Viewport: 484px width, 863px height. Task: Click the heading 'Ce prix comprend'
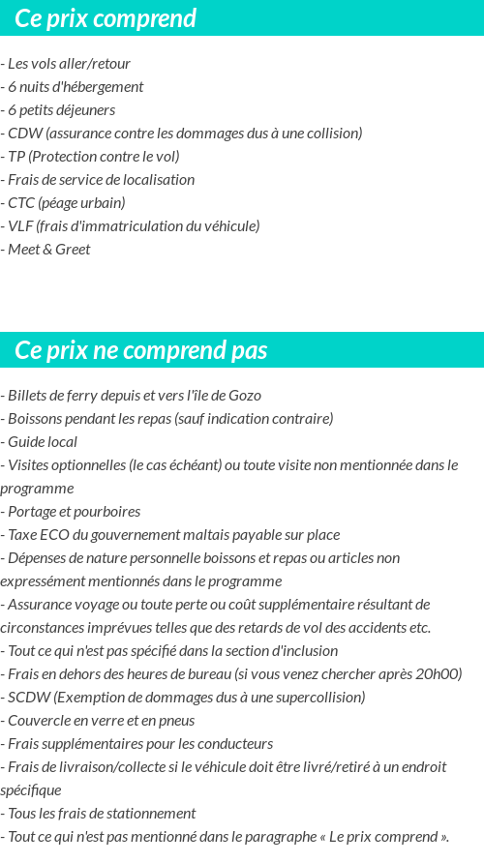tap(106, 18)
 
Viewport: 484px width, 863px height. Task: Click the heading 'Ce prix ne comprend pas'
tap(141, 350)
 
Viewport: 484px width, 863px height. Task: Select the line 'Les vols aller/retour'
tap(69, 64)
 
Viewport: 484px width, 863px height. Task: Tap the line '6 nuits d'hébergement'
tap(76, 87)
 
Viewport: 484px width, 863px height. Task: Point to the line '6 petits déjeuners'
tap(61, 110)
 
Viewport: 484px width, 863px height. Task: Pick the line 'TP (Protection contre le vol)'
tap(93, 157)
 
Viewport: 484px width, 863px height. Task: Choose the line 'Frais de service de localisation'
tap(101, 180)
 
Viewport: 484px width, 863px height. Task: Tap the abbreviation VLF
tap(20, 226)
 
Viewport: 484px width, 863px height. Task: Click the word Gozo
tap(245, 396)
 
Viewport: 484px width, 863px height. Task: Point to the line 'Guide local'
tap(42, 442)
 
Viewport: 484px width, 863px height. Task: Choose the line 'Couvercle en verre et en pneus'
tap(101, 721)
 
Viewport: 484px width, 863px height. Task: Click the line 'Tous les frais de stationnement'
tap(101, 814)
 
